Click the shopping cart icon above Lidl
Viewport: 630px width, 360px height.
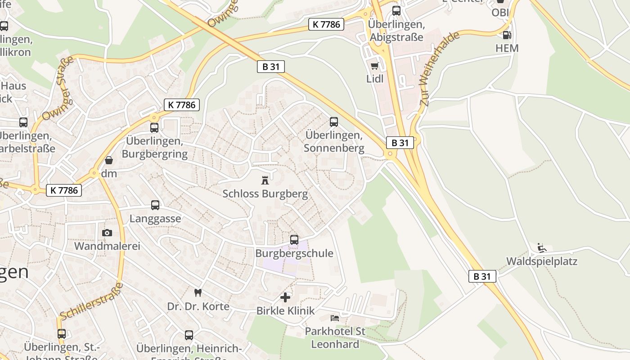[x=374, y=66]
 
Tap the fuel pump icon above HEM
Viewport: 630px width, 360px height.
[x=507, y=35]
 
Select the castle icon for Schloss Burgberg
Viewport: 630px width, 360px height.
[x=265, y=180]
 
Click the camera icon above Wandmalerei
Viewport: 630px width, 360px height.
[x=107, y=233]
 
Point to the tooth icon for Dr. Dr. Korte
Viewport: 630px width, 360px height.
[x=197, y=292]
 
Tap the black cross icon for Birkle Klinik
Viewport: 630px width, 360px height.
[x=285, y=297]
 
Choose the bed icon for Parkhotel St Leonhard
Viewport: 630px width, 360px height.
[x=335, y=318]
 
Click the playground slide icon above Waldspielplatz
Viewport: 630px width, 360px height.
[x=542, y=247]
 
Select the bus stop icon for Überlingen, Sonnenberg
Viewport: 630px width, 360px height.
[x=333, y=121]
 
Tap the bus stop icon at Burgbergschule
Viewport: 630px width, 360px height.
[x=294, y=239]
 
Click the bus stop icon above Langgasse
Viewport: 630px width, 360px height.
[x=155, y=205]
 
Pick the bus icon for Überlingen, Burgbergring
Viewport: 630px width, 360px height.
[x=154, y=127]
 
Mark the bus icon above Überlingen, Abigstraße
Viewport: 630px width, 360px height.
[x=396, y=11]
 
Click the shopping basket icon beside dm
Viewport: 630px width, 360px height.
[x=108, y=160]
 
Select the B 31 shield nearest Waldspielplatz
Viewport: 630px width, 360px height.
[x=482, y=276]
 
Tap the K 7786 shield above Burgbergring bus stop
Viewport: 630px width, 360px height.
[x=181, y=105]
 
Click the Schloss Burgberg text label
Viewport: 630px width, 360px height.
[x=265, y=194]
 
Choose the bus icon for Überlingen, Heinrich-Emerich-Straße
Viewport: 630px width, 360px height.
[x=189, y=335]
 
